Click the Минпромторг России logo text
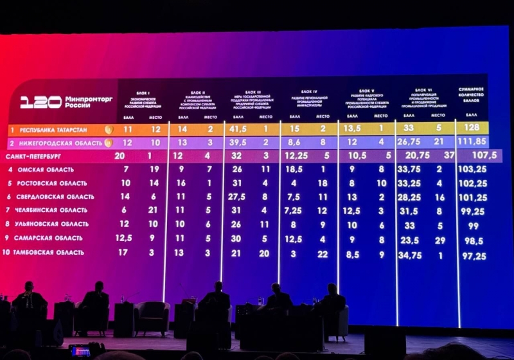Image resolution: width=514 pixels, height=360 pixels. (88, 102)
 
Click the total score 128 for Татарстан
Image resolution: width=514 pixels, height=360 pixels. (471, 128)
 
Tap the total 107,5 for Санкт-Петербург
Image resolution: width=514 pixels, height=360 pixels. (477, 155)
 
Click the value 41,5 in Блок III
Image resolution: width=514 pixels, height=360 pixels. (239, 129)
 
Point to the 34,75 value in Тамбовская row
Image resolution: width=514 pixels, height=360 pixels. (410, 255)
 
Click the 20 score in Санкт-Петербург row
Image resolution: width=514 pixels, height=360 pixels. (119, 156)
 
